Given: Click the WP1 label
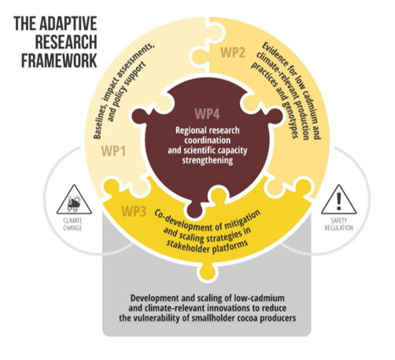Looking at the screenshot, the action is (x=113, y=151).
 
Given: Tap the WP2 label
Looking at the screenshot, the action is (x=233, y=52).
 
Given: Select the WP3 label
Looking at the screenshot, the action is (x=134, y=211).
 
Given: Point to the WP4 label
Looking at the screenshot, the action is (x=207, y=113).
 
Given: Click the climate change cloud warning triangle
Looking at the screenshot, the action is (x=74, y=200).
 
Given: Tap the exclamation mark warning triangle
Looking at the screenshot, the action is (x=339, y=200).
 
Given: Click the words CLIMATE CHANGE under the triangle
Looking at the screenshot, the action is (x=72, y=225).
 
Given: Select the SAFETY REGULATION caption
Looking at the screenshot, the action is (x=339, y=225).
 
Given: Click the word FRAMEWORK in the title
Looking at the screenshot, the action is (x=59, y=61).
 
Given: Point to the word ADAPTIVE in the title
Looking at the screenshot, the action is (x=68, y=24).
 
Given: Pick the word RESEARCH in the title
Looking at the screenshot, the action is (x=66, y=42).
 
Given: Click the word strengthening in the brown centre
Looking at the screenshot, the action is (x=208, y=160).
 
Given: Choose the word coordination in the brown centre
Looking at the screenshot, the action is (x=208, y=140).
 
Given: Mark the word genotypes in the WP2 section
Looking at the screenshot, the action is (x=290, y=118).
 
